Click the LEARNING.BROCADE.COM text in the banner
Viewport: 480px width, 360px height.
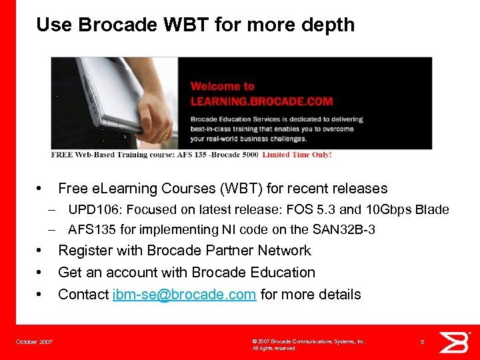[261, 101]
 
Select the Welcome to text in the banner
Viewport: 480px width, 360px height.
[222, 86]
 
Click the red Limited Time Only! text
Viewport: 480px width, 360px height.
[297, 155]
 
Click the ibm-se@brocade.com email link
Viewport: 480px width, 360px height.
[184, 295]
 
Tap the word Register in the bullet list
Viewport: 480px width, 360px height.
[83, 251]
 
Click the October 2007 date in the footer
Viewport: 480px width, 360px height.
[34, 342]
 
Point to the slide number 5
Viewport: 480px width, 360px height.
[423, 342]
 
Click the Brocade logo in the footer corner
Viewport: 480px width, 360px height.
[457, 341]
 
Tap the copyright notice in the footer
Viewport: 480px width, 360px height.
[309, 344]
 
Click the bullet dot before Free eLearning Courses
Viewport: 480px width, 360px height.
[41, 189]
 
